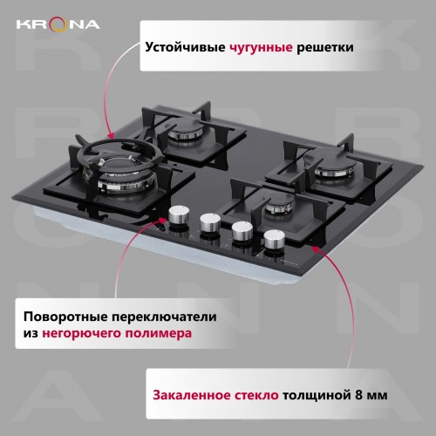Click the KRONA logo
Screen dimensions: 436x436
57,24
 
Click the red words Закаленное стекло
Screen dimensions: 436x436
215,394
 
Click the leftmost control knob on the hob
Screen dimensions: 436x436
180,215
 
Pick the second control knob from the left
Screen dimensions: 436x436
211,221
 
